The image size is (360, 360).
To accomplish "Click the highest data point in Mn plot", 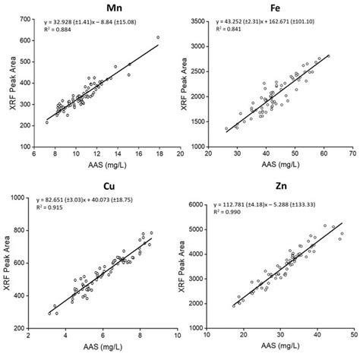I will [x=158, y=37].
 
